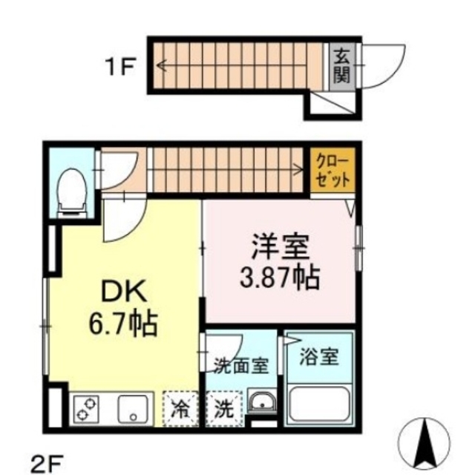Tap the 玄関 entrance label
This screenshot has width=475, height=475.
(x=341, y=65)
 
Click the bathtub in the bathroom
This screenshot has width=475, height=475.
(x=321, y=404)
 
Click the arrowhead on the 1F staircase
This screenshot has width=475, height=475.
(x=161, y=65)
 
